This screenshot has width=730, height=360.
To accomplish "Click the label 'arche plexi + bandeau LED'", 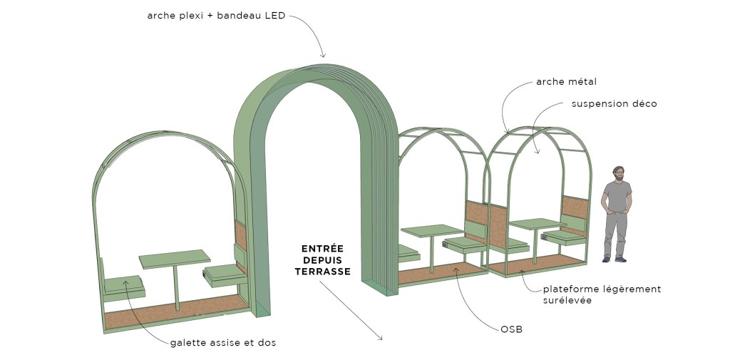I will tap(215, 16).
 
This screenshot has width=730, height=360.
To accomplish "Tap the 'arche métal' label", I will tap(566, 82).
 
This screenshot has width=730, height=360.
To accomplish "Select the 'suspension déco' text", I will tap(614, 104).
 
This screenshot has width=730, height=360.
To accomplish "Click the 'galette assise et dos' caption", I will tap(222, 343).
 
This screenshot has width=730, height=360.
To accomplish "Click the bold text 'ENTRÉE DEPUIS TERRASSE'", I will tap(322, 259).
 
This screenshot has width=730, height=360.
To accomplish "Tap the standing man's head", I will tap(618, 174).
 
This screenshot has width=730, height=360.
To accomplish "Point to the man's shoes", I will tap(614, 259).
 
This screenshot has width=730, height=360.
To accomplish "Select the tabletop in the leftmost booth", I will tap(175, 258).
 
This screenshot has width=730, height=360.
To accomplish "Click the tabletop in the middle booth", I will tap(432, 230).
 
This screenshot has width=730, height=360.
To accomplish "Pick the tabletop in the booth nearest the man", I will tap(537, 224).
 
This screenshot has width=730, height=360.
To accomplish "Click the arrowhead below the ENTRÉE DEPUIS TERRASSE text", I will tap(381, 338).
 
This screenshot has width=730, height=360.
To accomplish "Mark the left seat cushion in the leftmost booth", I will tap(125, 284).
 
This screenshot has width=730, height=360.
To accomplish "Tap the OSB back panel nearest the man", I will tap(574, 208).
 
